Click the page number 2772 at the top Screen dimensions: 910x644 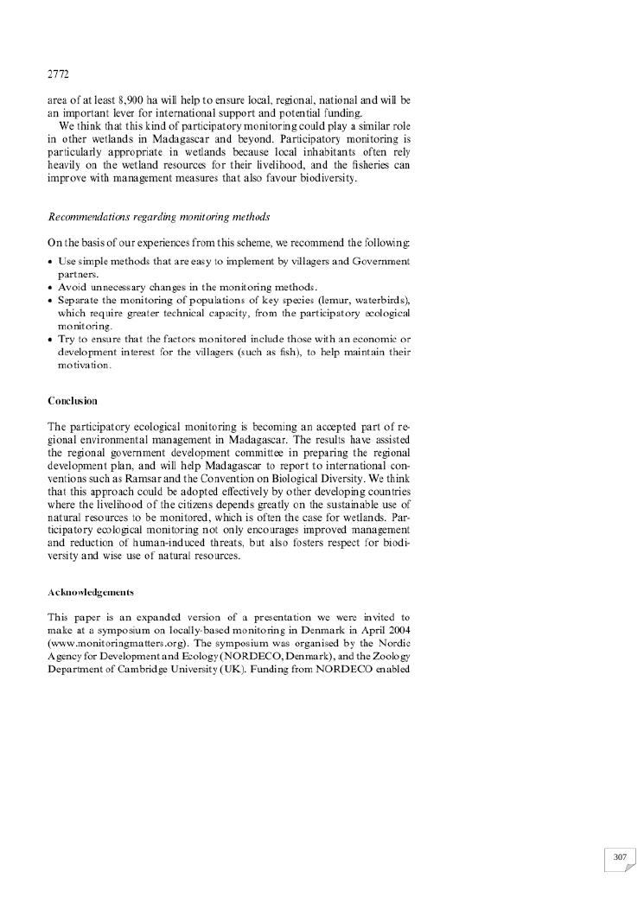click(x=58, y=74)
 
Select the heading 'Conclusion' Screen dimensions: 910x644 click(x=73, y=401)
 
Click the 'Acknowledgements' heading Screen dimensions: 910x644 click(x=91, y=592)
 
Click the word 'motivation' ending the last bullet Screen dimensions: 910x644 click(x=84, y=366)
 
